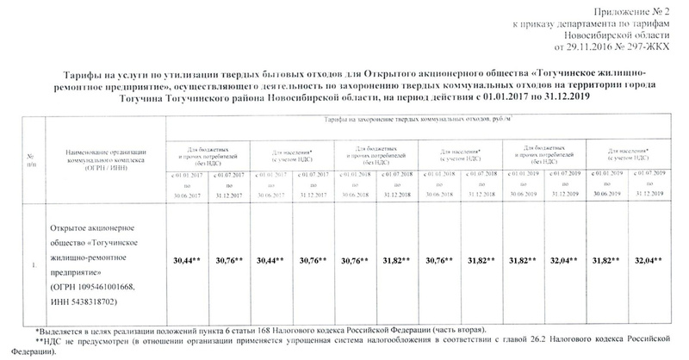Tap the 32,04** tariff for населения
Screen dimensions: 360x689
pos(652,259)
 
